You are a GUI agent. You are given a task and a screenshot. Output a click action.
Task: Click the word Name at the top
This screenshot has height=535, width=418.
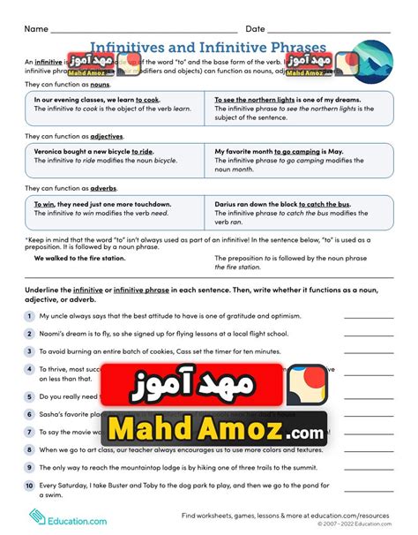point(36,29)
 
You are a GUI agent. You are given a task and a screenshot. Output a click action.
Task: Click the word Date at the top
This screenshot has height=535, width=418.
point(256,29)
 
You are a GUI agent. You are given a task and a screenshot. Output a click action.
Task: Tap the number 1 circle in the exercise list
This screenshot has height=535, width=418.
point(29,315)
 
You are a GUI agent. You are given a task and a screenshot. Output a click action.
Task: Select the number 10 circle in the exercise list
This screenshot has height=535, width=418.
point(29,485)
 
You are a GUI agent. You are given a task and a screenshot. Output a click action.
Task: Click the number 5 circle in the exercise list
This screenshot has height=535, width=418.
point(29,396)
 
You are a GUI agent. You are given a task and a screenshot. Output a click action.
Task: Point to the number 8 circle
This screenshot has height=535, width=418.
point(29,449)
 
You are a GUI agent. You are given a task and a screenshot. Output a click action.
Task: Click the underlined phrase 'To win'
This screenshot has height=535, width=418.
point(45,204)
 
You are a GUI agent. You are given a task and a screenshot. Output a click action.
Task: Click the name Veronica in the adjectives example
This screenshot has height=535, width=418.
point(53,151)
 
